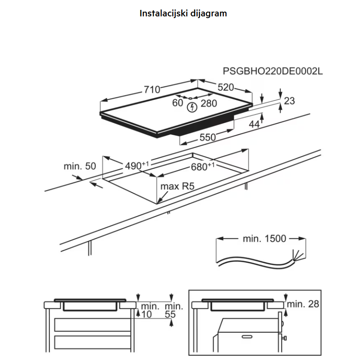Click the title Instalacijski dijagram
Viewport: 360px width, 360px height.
pyautogui.click(x=183, y=13)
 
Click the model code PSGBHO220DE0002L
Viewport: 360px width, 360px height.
pyautogui.click(x=272, y=71)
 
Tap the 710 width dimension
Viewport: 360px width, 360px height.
pyautogui.click(x=152, y=90)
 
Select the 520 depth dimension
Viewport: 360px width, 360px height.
pyautogui.click(x=225, y=87)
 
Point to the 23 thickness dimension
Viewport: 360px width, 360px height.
pyautogui.click(x=289, y=101)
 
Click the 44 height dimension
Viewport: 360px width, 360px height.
pyautogui.click(x=254, y=124)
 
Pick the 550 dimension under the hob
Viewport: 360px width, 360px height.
pyautogui.click(x=207, y=138)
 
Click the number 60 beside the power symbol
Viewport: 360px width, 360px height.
pyautogui.click(x=178, y=103)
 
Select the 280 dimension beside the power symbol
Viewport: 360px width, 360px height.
pyautogui.click(x=209, y=103)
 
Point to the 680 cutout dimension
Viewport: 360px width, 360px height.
pyautogui.click(x=201, y=167)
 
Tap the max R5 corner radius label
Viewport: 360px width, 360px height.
pyautogui.click(x=177, y=187)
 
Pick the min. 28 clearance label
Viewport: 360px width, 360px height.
pyautogui.click(x=303, y=304)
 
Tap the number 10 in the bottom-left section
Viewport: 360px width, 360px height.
pyautogui.click(x=147, y=315)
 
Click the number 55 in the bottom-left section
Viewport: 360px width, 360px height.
pyautogui.click(x=171, y=315)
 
